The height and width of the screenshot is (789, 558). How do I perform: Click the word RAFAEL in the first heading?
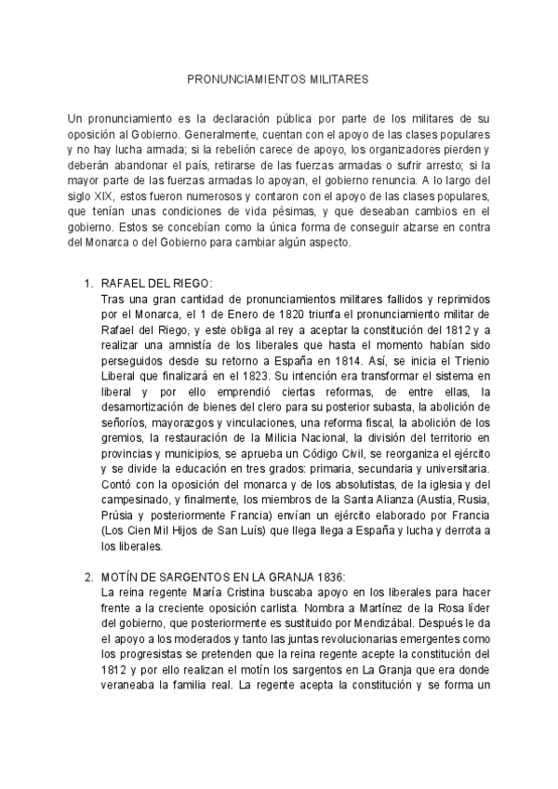tap(122, 283)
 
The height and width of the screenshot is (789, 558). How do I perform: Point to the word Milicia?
tap(274, 433)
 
